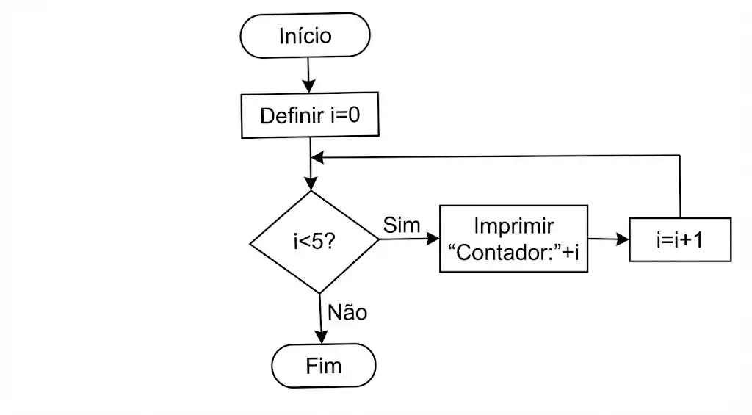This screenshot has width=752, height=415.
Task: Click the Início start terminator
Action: [x=305, y=36]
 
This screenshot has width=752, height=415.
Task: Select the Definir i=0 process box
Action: [x=311, y=116]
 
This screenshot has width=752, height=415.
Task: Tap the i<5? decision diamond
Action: [x=314, y=242]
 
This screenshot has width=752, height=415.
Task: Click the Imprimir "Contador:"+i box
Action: [x=513, y=239]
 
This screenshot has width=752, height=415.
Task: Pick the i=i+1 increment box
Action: [x=680, y=239]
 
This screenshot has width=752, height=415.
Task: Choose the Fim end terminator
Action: [x=323, y=365]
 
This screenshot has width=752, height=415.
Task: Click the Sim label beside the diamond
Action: [x=402, y=225]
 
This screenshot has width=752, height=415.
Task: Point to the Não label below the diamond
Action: [x=347, y=312]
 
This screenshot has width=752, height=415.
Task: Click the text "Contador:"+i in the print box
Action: [x=513, y=253]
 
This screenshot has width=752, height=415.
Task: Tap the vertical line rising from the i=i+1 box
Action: [x=681, y=187]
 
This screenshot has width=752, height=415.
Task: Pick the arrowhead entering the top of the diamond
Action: [x=311, y=184]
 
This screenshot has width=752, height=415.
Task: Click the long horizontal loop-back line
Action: [x=499, y=156]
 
